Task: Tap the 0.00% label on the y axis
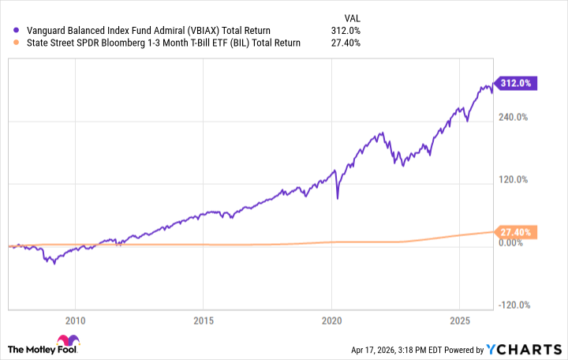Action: point(510,242)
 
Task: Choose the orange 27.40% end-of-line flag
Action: point(517,232)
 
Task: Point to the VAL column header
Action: point(353,16)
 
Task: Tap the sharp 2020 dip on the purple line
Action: point(338,197)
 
